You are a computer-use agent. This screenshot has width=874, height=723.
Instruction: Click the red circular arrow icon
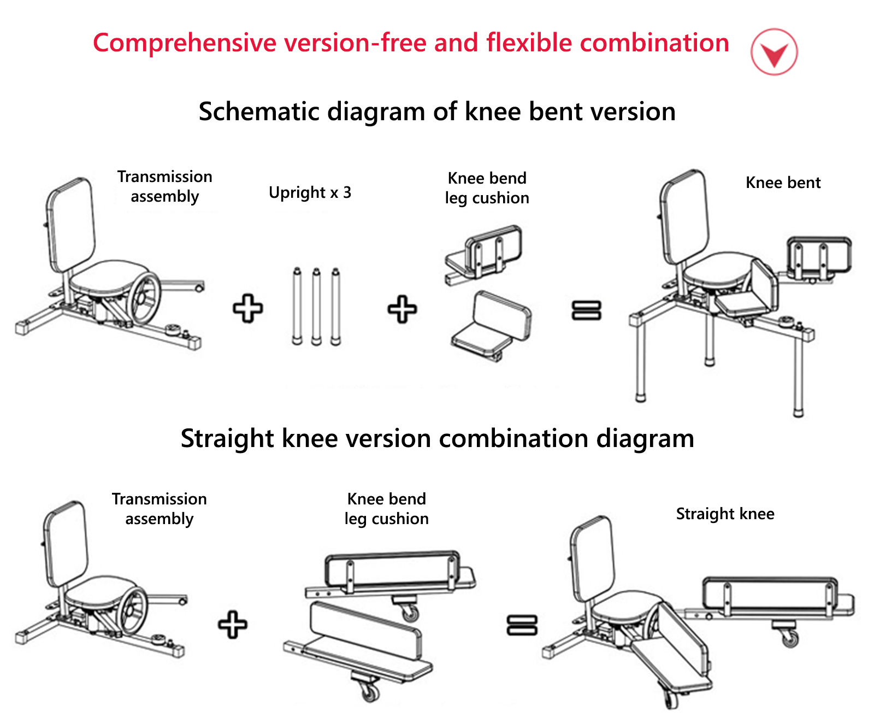coord(773,51)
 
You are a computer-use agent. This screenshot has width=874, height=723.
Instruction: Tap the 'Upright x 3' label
coord(310,192)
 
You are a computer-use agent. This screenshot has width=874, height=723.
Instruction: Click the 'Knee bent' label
coord(783,183)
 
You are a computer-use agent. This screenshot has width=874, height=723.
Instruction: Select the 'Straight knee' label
coord(725,514)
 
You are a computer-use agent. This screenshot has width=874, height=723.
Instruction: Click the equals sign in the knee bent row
coord(586,310)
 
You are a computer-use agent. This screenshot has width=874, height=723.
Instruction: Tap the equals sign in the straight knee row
coord(522,625)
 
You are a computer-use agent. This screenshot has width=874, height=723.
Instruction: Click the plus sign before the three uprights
coord(248,309)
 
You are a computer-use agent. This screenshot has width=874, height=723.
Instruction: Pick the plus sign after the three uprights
coord(402,309)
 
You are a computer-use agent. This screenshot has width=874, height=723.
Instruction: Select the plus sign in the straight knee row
coord(233,625)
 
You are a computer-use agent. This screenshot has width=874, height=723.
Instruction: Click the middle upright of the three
coord(316,306)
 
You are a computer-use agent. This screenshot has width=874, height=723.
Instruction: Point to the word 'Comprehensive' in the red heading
coord(185,43)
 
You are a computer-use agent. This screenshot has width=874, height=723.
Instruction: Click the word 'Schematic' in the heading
coord(259,111)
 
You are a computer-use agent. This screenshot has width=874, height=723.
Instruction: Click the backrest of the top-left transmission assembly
coord(71,224)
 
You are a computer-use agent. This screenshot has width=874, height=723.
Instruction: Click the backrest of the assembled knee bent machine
coord(684,215)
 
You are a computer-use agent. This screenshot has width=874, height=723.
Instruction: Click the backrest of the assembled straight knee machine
coord(592,557)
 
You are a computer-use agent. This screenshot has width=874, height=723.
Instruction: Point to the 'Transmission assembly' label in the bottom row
coord(159,509)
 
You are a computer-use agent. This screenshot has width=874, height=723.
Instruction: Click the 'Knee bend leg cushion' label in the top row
coord(487,188)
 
